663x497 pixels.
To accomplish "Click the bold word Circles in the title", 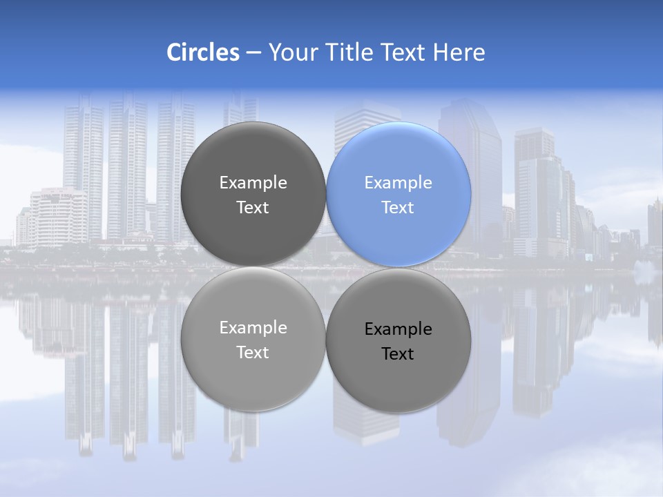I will [x=202, y=52].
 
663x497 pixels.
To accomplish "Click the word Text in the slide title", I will [x=404, y=52].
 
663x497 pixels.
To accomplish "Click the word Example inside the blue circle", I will [x=398, y=183].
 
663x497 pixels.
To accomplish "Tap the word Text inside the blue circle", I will [x=398, y=208].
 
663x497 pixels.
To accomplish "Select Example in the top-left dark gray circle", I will [x=253, y=183].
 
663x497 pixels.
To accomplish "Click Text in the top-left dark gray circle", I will [x=253, y=208].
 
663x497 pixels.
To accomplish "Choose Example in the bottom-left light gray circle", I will [x=253, y=328].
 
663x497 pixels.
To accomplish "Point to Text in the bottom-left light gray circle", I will [x=253, y=353].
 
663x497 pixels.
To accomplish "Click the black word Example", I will [x=398, y=329].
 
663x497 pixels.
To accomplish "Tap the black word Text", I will [x=398, y=354].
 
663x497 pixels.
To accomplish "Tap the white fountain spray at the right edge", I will [x=646, y=273].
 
